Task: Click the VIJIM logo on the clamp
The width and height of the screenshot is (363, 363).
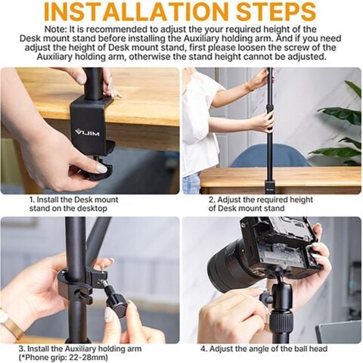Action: (x=87, y=130)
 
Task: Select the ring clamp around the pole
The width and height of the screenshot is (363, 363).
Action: (x=76, y=284)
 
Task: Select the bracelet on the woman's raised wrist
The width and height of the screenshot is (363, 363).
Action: (x=249, y=85)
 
